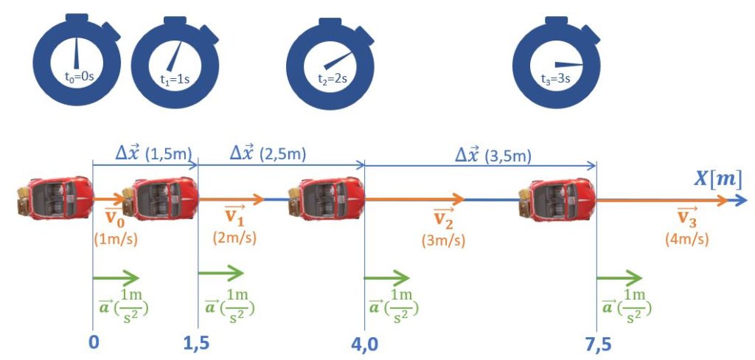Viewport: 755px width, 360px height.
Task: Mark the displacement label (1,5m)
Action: tap(169, 155)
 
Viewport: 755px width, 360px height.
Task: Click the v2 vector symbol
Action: tap(443, 218)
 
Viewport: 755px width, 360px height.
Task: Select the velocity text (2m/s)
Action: tap(233, 239)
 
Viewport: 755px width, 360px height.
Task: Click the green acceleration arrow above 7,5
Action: tap(619, 278)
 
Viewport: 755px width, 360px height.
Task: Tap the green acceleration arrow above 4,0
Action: tap(387, 278)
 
